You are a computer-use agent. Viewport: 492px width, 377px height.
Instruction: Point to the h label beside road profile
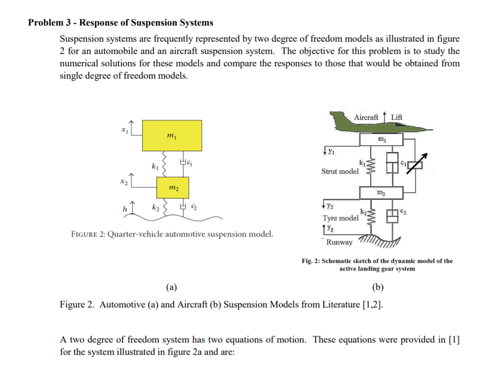point(125,209)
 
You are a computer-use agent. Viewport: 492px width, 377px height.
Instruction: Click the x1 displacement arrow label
point(124,129)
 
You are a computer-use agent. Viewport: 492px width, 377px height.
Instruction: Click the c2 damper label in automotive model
point(194,208)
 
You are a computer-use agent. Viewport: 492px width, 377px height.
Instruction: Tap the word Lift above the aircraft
point(397,117)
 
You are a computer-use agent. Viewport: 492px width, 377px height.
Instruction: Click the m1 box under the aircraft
point(382,139)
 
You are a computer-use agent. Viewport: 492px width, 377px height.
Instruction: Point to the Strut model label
point(340,171)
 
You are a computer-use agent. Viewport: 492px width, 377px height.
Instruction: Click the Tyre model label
point(340,218)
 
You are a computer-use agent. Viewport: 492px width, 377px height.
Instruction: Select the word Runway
point(339,242)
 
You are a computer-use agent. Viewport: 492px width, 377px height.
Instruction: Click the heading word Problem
point(46,22)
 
